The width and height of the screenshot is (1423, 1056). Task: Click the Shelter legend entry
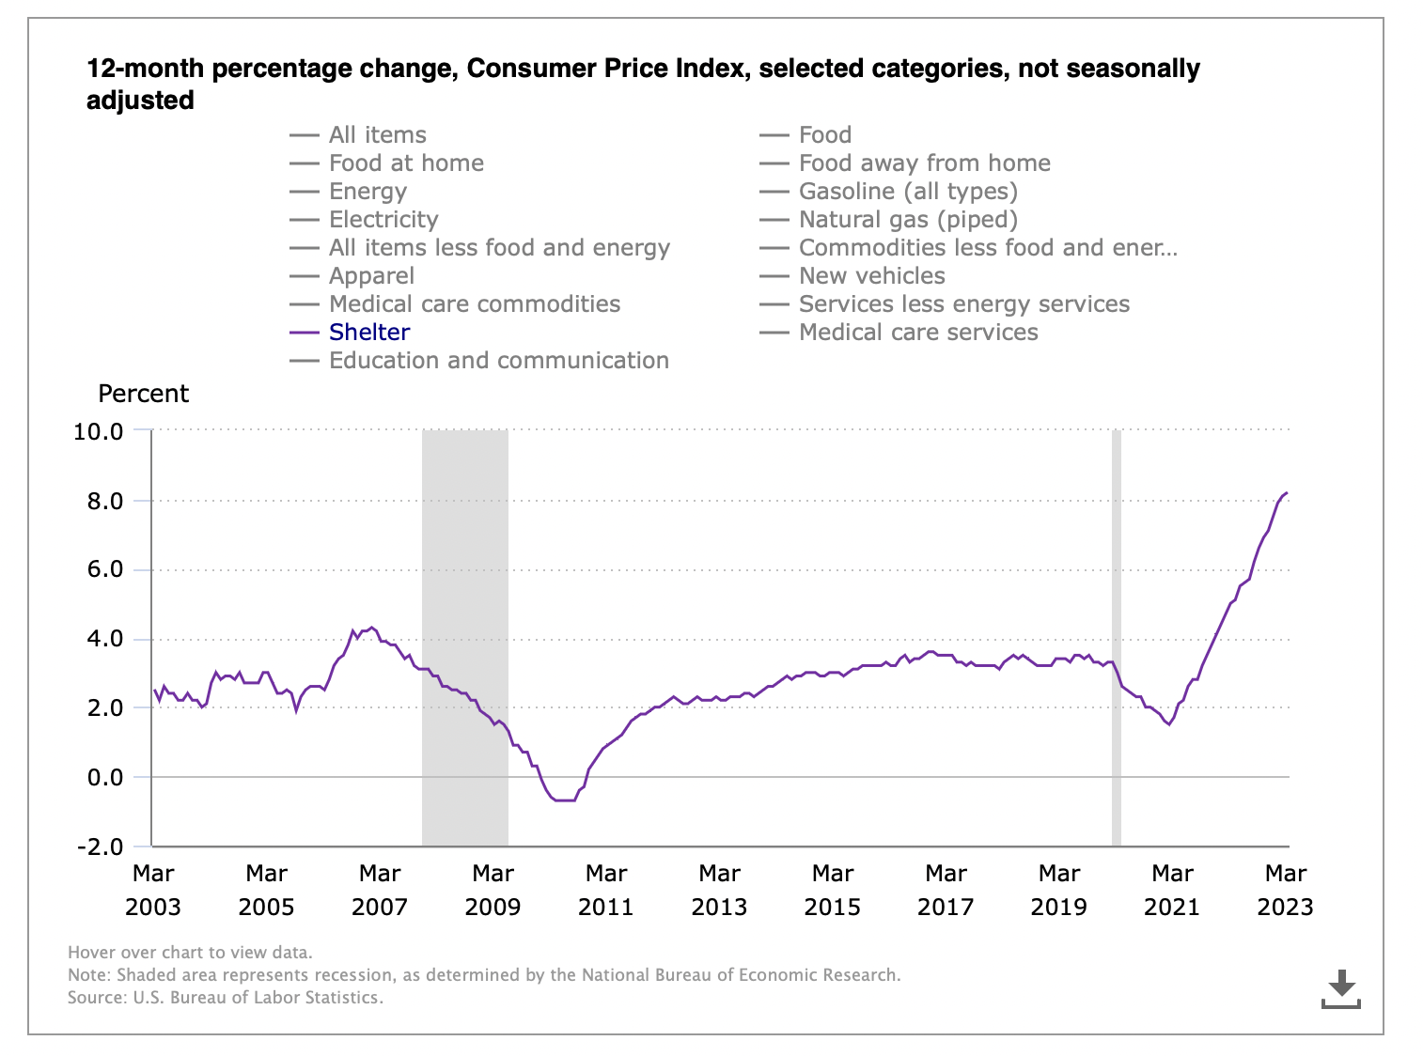point(368,333)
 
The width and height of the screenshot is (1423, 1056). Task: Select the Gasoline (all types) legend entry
point(907,192)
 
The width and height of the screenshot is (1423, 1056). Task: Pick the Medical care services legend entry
point(917,333)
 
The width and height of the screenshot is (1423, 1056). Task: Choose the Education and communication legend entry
point(498,361)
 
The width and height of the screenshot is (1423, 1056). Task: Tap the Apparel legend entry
point(371,276)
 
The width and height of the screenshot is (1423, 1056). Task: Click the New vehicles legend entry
point(871,276)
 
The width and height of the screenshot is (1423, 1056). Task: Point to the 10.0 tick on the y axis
point(98,431)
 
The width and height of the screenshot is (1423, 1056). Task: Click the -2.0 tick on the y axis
point(98,846)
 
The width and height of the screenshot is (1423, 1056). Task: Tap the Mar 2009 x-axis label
point(493,890)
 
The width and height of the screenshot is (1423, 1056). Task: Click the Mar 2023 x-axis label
point(1285,890)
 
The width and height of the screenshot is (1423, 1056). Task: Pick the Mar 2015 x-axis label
point(833,890)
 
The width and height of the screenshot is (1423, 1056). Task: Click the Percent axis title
point(143,394)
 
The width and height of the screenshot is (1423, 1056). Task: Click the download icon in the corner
point(1341,989)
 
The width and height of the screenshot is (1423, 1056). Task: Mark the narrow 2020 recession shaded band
point(1117,639)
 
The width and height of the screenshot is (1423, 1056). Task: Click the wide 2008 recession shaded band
point(465,639)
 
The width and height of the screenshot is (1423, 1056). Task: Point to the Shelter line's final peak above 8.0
point(1287,492)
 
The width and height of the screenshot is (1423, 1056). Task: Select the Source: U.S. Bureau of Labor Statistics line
point(226,998)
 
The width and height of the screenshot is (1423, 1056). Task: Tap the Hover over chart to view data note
point(190,953)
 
